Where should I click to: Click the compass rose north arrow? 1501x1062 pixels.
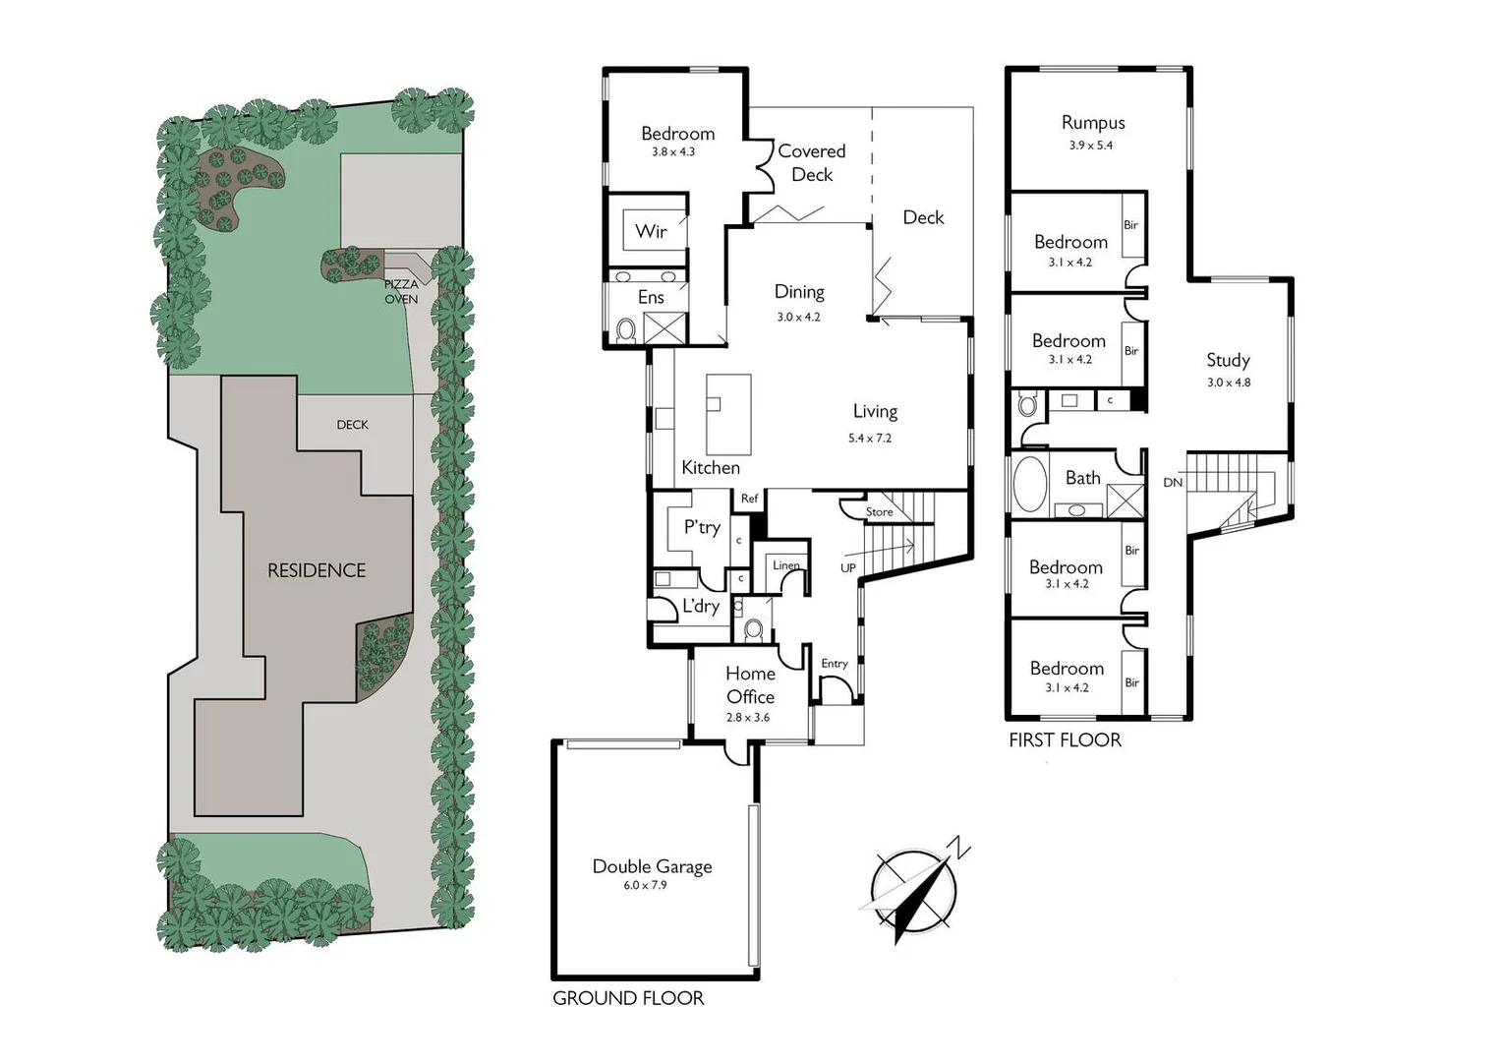pos(914,891)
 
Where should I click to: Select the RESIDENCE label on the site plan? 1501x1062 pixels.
pos(317,570)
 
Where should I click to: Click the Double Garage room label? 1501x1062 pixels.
pos(652,866)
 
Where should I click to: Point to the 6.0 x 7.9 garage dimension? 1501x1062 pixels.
pos(645,885)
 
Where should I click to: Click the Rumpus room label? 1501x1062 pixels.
pos(1093,123)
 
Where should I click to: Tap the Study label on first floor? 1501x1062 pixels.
pos(1228,360)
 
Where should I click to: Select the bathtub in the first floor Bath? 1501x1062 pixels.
pos(1029,483)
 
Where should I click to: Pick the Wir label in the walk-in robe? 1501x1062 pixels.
pos(651,231)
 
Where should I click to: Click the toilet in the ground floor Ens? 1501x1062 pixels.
pos(625,329)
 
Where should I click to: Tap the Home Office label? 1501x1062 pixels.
pos(750,684)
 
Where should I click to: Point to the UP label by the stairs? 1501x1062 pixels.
pos(848,567)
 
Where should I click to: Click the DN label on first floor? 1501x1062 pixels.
pos(1173,483)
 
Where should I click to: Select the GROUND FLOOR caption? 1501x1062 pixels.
pos(628,998)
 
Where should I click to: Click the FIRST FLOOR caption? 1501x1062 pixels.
pos(1065,739)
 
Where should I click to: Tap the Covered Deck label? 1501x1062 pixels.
pos(812,162)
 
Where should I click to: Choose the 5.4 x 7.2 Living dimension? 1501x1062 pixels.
pos(870,438)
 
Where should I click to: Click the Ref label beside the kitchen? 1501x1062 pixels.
pos(750,499)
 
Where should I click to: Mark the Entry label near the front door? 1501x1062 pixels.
pos(835,664)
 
